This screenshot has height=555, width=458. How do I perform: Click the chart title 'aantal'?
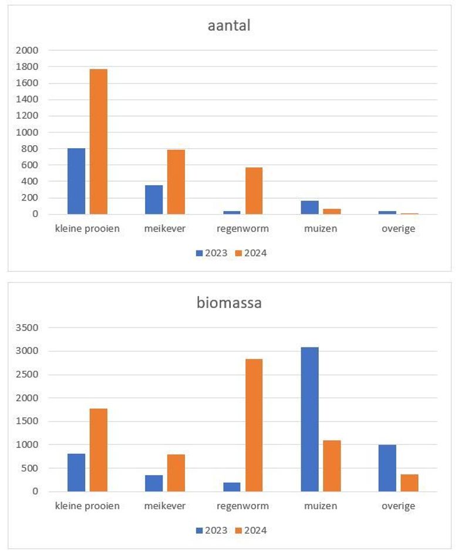(229, 25)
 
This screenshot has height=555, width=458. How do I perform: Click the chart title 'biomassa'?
(229, 303)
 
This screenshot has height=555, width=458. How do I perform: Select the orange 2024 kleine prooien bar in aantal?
(98, 141)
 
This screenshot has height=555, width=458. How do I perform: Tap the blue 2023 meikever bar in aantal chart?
(154, 199)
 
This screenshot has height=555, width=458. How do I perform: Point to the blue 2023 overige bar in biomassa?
(387, 468)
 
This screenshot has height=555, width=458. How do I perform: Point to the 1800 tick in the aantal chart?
(28, 66)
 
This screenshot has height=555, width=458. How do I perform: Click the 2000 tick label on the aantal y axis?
(28, 50)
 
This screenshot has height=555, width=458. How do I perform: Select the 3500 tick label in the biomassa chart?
(28, 327)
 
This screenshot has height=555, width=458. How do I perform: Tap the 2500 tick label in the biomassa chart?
(28, 375)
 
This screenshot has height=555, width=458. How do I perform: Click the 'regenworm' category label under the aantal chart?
(243, 229)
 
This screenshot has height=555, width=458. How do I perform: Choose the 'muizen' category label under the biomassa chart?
(321, 506)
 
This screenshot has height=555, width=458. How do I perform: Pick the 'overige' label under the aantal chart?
(398, 229)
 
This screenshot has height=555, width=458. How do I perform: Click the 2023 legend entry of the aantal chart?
(211, 253)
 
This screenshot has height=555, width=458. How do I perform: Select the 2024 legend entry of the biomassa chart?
(251, 530)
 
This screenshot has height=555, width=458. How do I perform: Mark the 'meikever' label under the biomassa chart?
(165, 506)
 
